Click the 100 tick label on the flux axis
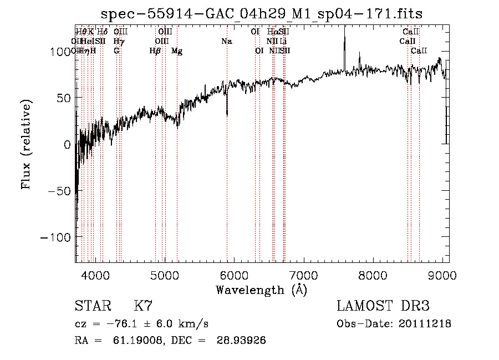[x=59, y=52]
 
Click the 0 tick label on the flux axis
[x=67, y=145]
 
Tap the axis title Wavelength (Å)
[x=261, y=290]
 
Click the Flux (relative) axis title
[x=27, y=144]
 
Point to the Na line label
[x=226, y=41]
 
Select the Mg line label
[x=177, y=51]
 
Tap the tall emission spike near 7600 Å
[x=345, y=39]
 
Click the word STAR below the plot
[x=91, y=306]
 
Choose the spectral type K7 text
[x=143, y=306]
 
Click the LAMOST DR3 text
[x=383, y=306]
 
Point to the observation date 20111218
[x=426, y=324]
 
